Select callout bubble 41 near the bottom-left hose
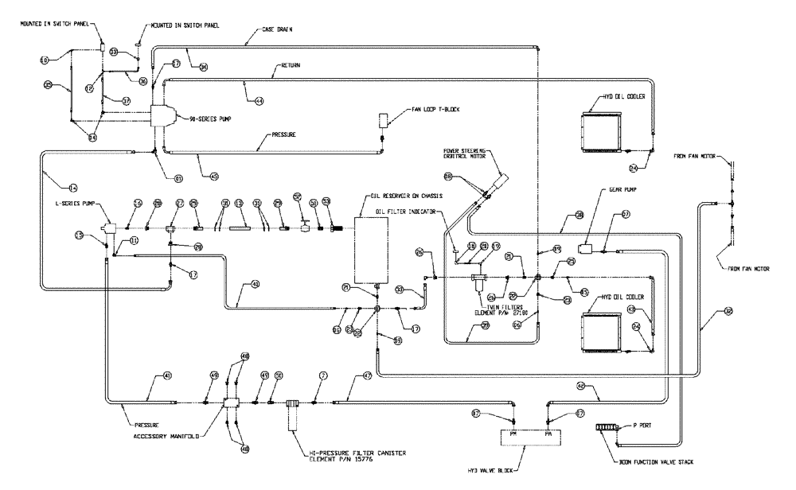click(167, 375)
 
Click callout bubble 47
click(367, 375)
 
